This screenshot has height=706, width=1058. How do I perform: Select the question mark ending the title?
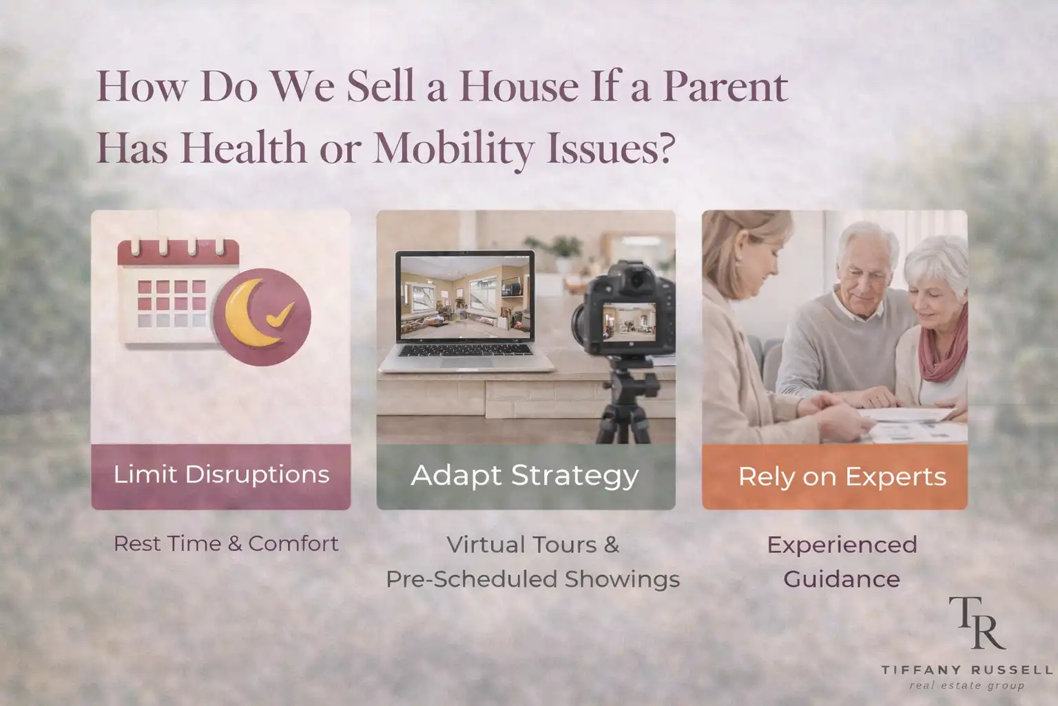click(x=663, y=148)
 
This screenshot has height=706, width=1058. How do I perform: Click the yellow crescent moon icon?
click(x=249, y=312)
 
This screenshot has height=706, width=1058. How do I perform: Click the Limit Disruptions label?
click(x=221, y=474)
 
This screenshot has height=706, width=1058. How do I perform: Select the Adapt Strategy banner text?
click(x=525, y=476)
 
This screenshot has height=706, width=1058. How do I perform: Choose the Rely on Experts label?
click(x=842, y=476)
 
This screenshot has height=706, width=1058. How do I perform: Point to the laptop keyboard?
click(x=465, y=350)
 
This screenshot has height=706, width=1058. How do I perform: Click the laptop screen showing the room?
click(x=465, y=297)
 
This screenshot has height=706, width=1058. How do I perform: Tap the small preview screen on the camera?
click(x=629, y=322)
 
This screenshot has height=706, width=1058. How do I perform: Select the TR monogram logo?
click(x=976, y=623)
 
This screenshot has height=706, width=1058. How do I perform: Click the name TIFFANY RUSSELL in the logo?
click(x=966, y=670)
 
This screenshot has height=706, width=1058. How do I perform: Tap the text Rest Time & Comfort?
click(x=226, y=544)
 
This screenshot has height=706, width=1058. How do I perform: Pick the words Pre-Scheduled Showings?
click(x=532, y=579)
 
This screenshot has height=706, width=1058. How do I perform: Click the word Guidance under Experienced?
click(x=842, y=579)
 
